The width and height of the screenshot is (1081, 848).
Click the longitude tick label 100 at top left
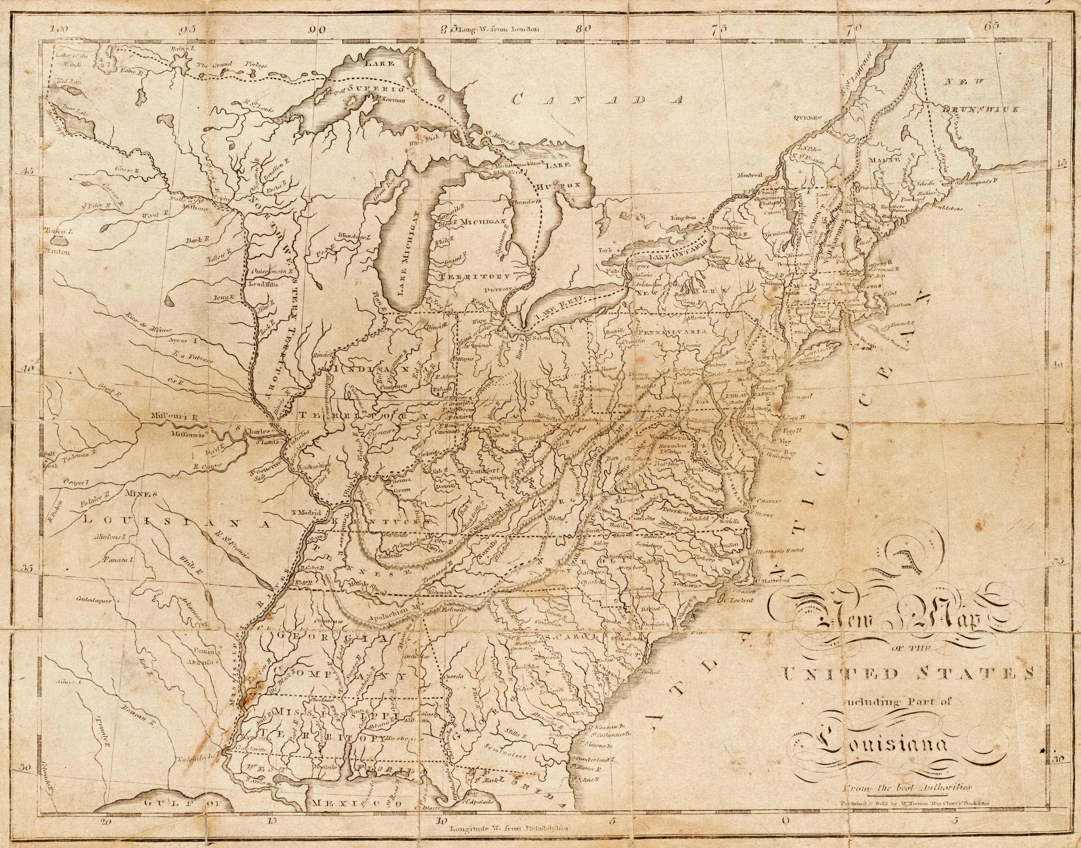(59, 29)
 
